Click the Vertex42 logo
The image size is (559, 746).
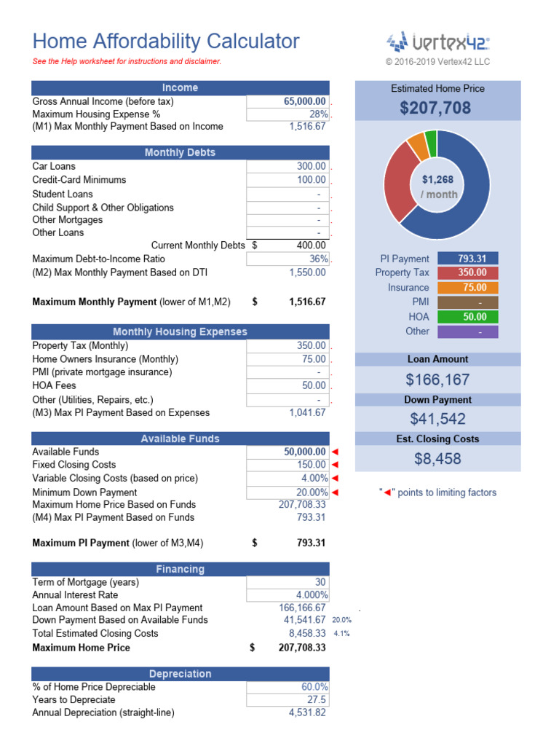(437, 42)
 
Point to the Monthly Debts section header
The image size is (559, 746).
(180, 152)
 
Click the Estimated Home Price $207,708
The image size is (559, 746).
(435, 109)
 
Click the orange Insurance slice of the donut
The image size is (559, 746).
(417, 146)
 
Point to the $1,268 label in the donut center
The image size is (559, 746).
(437, 179)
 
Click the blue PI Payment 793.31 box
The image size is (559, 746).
(467, 258)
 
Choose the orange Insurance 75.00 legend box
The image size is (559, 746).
(467, 287)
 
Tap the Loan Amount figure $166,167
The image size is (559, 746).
(437, 380)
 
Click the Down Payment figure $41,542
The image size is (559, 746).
(437, 419)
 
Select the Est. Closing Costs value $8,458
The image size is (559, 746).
(437, 459)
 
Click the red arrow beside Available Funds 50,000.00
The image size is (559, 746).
(335, 452)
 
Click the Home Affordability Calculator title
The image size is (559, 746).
(166, 42)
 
